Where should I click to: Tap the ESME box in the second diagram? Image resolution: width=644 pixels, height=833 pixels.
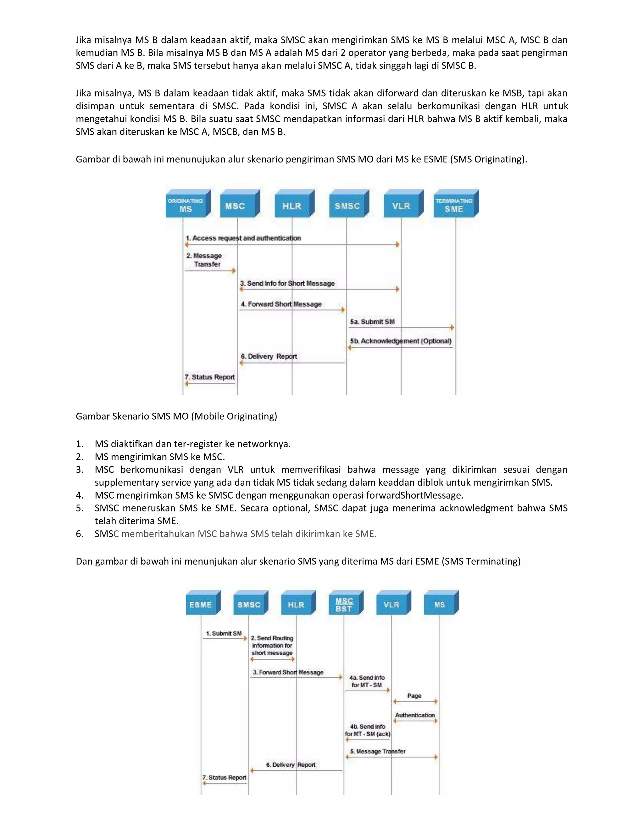[201, 604]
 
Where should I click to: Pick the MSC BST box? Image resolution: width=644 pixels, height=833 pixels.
[344, 604]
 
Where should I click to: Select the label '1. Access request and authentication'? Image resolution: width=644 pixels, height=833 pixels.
[243, 238]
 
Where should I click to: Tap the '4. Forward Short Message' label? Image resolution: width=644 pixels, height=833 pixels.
[281, 304]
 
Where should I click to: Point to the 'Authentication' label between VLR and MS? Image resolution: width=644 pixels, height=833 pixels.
[415, 715]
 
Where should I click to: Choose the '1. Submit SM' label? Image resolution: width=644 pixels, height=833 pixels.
[224, 633]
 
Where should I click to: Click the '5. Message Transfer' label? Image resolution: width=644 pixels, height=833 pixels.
[378, 751]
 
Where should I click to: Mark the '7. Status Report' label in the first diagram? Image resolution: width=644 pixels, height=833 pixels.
[209, 377]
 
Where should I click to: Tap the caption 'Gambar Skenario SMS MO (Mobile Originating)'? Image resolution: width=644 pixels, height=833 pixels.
[176, 416]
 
